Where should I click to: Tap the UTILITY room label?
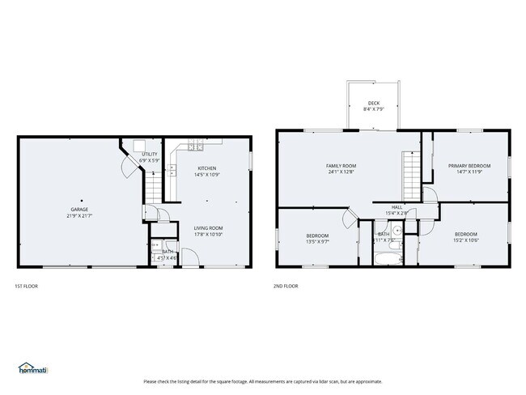[x=149, y=154]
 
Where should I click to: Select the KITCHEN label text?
[x=206, y=168]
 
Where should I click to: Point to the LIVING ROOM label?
[x=208, y=228]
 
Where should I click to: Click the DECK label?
[x=373, y=103]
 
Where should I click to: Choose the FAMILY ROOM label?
[x=341, y=165]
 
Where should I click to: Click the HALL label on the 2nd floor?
[x=397, y=207]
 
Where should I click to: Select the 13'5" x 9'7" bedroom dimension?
[x=316, y=241]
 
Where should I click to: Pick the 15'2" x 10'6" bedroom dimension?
[x=465, y=240]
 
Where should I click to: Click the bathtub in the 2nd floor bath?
[x=384, y=260]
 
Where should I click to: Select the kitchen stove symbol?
[x=194, y=146]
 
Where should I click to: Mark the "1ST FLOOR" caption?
[x=26, y=286]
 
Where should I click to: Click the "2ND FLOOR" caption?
[x=286, y=286]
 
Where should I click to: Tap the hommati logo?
[x=32, y=368]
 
